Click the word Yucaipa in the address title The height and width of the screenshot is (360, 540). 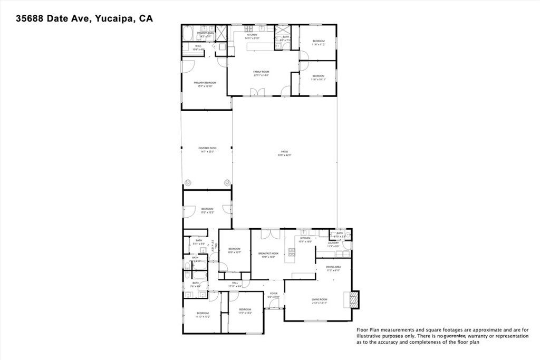click(113, 18)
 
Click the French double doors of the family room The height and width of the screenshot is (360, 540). click(257, 92)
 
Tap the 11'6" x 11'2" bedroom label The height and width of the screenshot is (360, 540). click(318, 42)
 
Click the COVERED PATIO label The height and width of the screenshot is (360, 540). click(207, 149)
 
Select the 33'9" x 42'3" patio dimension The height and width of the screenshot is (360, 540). click(285, 155)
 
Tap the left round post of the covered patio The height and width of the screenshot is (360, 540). click(187, 183)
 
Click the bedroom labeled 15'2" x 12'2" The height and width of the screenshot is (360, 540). click(207, 210)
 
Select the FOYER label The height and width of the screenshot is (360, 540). click(274, 293)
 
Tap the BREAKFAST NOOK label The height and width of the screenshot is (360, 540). click(268, 254)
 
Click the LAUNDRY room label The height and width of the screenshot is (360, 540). click(333, 243)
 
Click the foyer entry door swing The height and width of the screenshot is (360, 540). click(274, 304)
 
